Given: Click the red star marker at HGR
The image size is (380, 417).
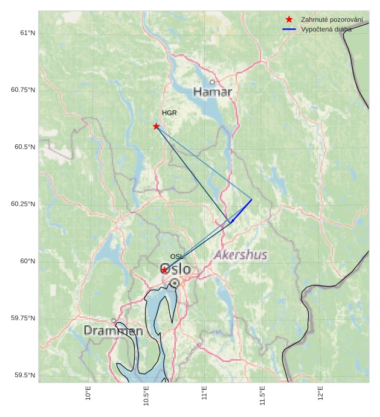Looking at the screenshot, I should [156, 126].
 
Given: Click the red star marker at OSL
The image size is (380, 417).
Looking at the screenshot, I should [164, 270].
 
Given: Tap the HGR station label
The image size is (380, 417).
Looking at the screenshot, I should [169, 113].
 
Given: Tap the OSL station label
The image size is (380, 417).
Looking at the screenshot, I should [176, 257].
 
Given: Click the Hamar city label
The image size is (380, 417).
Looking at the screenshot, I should [213, 92].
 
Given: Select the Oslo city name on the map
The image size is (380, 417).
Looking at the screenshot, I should [175, 269].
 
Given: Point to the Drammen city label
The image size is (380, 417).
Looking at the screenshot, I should [113, 331].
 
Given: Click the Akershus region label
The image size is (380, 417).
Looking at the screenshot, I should [240, 255].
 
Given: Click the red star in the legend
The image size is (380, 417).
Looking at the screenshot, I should [289, 19].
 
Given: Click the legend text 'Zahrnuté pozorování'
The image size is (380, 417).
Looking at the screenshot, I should [332, 19].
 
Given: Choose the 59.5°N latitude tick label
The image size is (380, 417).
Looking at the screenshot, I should [23, 375].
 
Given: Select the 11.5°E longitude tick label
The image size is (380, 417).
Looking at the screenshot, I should [263, 395].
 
